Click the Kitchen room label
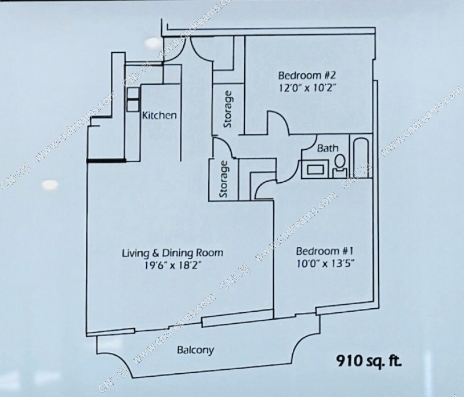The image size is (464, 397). (159, 115)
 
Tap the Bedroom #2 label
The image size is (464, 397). (307, 75)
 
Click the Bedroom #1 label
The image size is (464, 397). (325, 251)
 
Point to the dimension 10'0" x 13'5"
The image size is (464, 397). (325, 264)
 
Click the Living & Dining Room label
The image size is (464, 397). (172, 253)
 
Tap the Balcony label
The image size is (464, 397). (195, 350)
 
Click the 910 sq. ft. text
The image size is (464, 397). (369, 361)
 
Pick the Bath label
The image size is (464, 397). (328, 148)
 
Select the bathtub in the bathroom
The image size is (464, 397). (360, 156)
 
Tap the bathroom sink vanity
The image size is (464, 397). (315, 169)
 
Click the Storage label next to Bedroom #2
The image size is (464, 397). (228, 109)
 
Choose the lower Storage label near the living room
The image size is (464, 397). (224, 179)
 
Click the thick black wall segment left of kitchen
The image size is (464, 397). (106, 161)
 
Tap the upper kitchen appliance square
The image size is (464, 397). (133, 93)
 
